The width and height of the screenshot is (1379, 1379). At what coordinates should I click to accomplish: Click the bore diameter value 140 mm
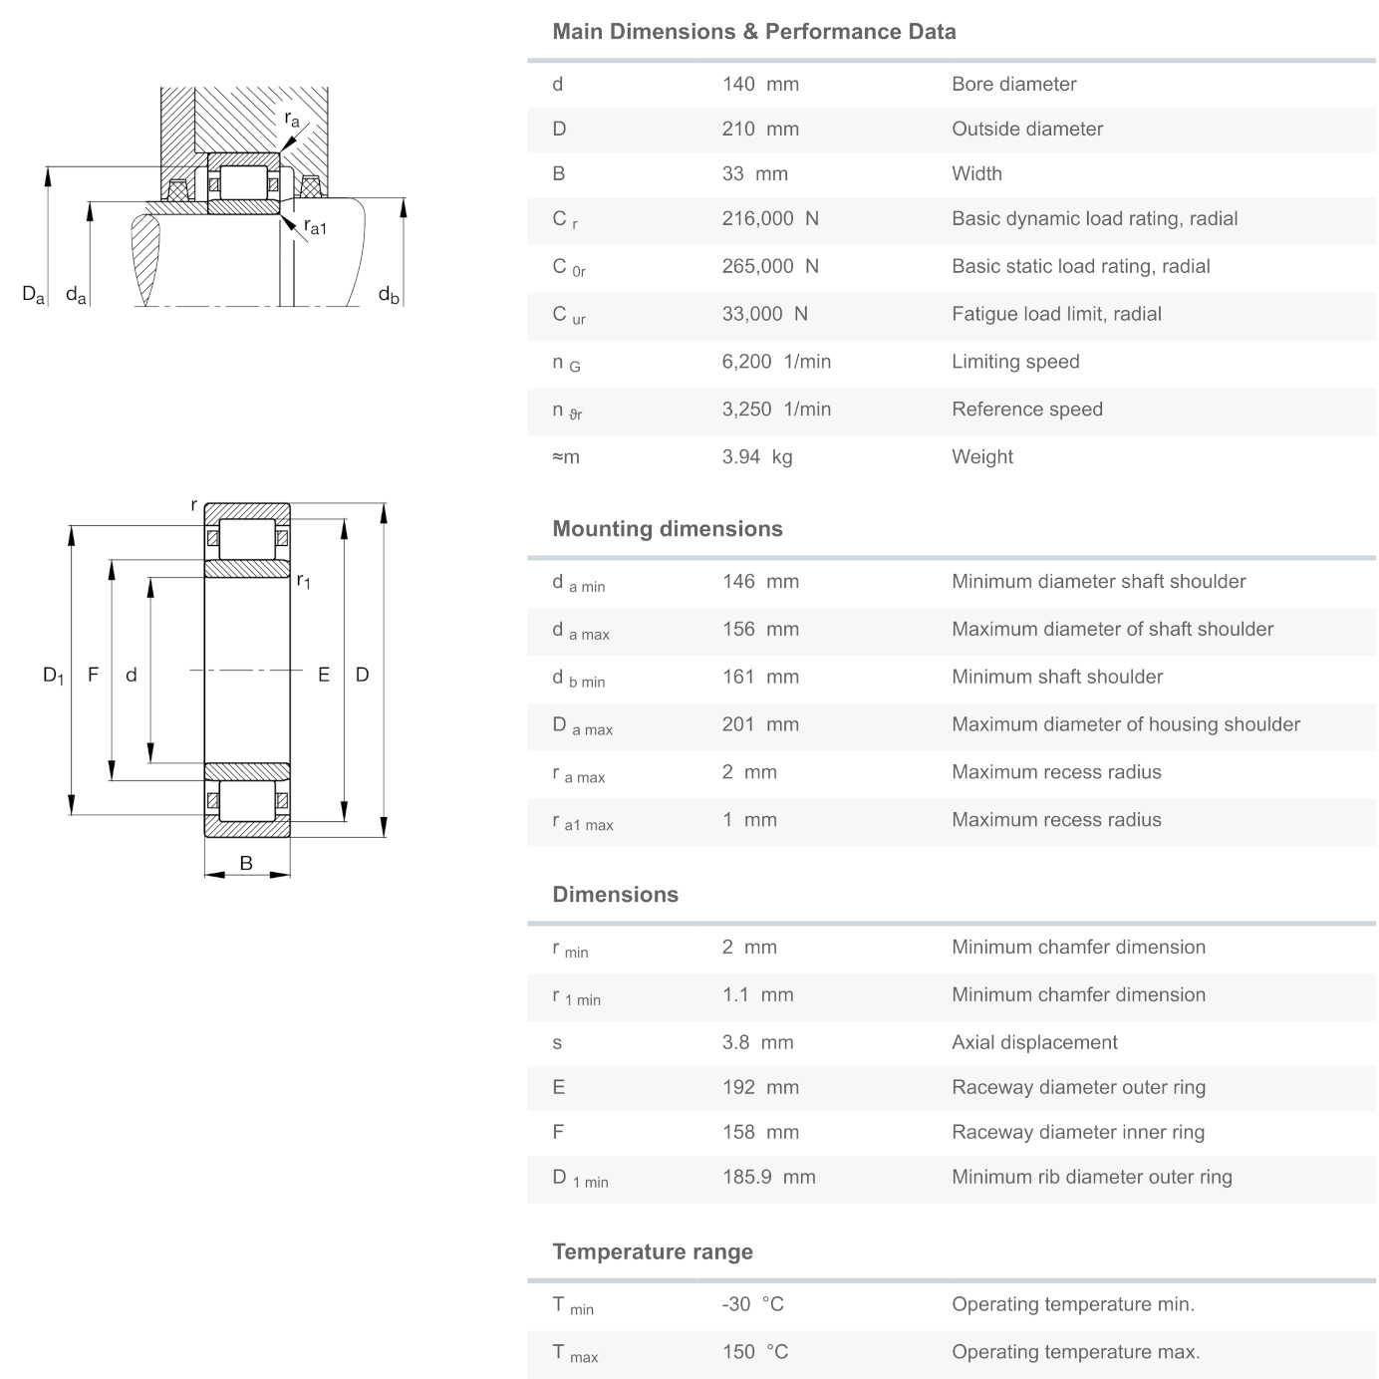click(760, 85)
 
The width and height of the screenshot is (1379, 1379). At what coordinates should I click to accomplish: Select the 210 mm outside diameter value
click(760, 130)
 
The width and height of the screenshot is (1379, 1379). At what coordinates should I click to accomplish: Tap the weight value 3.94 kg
click(756, 457)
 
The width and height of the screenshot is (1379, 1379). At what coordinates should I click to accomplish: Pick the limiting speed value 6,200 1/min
click(776, 362)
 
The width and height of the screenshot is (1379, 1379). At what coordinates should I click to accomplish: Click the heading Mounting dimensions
click(668, 529)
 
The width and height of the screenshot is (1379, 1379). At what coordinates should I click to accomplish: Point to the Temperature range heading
click(653, 1252)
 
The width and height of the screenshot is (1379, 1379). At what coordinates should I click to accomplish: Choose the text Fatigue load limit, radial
click(1056, 314)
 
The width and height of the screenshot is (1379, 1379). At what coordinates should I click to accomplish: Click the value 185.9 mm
click(768, 1177)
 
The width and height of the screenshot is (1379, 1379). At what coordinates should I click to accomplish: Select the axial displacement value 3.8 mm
click(757, 1043)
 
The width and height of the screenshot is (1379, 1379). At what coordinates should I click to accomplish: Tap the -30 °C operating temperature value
click(752, 1304)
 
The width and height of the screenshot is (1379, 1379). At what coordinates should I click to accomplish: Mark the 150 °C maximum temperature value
click(754, 1352)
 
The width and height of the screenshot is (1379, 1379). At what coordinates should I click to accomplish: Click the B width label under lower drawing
click(246, 864)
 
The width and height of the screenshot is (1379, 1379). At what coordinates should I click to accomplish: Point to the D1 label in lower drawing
click(53, 676)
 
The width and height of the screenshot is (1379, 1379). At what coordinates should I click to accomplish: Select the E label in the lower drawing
click(324, 676)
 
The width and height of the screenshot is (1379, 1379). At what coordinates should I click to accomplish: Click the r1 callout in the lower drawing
click(304, 581)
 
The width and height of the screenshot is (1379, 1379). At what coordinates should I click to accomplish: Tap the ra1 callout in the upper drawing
click(315, 227)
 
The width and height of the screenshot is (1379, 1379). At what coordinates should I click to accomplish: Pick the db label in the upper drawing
click(389, 295)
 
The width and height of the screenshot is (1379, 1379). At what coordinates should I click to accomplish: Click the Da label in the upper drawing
click(33, 295)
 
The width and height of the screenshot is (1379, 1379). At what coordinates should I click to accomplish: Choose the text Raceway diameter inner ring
click(1078, 1132)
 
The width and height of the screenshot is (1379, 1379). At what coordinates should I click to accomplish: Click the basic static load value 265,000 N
click(770, 266)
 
